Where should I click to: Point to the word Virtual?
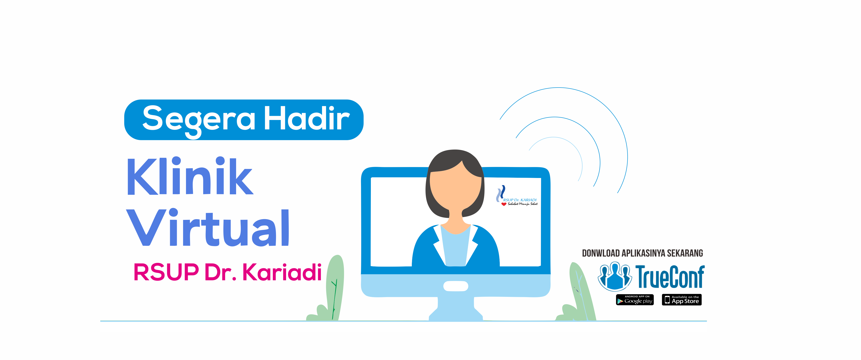208,227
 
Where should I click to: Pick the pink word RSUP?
166,272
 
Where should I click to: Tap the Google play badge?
635,300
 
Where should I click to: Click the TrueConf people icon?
614,276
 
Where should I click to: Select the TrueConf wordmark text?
670,276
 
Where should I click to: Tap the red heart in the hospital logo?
504,204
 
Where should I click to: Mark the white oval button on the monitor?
456,286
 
